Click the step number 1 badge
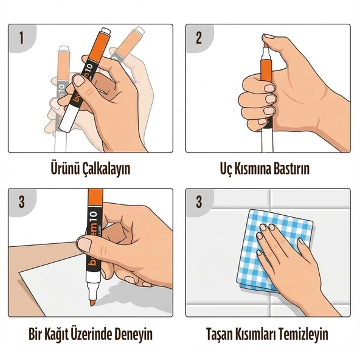pos(21,37)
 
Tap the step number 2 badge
pos(199,37)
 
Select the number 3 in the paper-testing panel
pos(21,202)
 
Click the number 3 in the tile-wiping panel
pos(199,202)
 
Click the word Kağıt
pos(58,334)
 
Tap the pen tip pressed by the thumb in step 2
pos(266,42)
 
